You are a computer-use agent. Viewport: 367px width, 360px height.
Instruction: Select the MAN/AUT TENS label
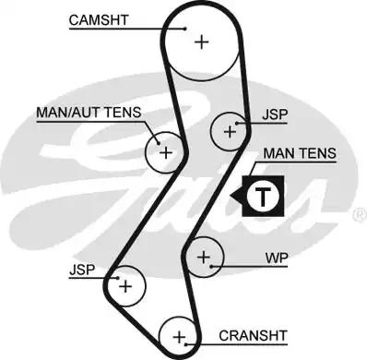point(89,114)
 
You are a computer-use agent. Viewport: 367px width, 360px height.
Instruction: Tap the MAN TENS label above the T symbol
point(296,152)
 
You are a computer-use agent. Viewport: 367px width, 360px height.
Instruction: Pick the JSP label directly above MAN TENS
point(273,115)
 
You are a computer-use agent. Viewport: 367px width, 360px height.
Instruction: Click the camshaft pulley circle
point(200,41)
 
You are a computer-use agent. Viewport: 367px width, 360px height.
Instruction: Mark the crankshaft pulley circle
point(180,336)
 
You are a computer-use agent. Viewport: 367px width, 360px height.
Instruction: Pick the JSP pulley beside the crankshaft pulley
point(126,287)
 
